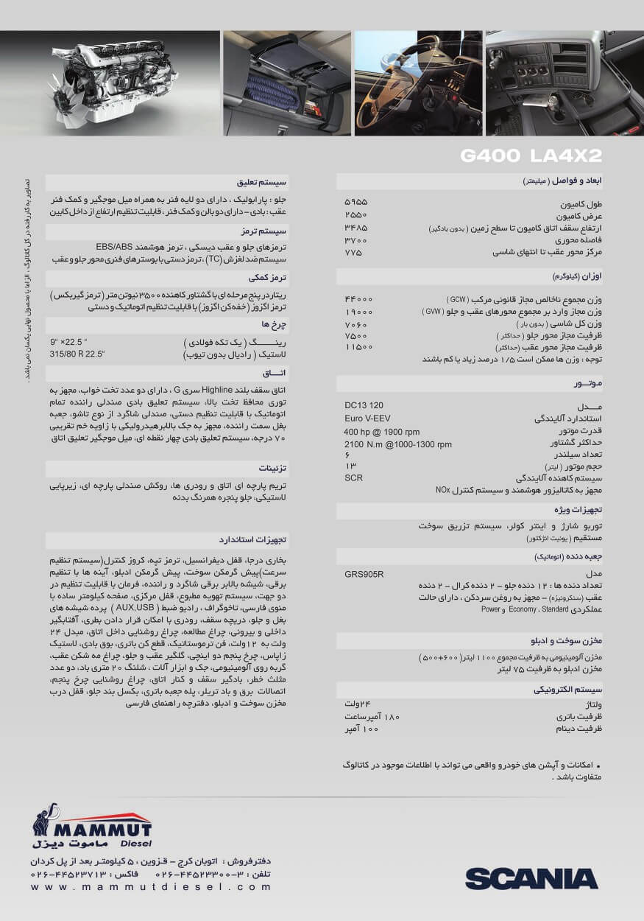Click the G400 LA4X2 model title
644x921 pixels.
(x=531, y=155)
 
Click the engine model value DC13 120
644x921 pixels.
(x=364, y=405)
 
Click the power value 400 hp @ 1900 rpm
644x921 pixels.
(x=381, y=432)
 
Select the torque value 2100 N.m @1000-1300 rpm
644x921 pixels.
(x=398, y=444)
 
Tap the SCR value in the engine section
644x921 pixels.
(x=353, y=478)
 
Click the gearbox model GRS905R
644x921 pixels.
(x=364, y=574)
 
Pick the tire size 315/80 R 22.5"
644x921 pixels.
(x=77, y=354)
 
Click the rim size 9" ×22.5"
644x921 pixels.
(x=69, y=342)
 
